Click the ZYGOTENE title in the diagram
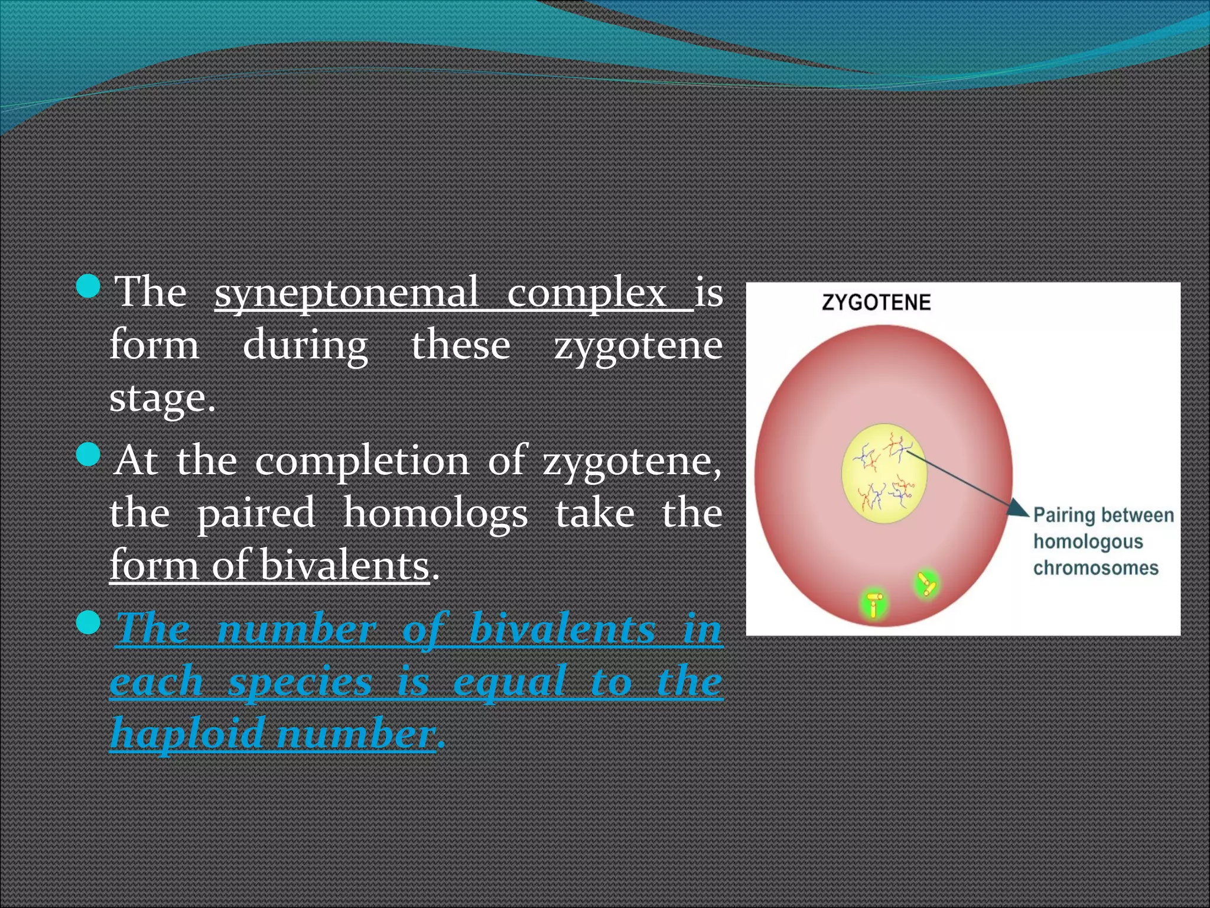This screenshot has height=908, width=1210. tap(876, 303)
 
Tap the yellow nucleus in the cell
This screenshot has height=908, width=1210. tap(884, 474)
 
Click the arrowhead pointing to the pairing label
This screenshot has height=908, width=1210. tap(1018, 508)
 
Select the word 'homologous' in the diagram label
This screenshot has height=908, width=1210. tap(1088, 541)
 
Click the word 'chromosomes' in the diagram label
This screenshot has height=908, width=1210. tap(1095, 568)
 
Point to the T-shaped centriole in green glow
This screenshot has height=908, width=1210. tap(874, 604)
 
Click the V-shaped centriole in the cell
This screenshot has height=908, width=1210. tap(926, 585)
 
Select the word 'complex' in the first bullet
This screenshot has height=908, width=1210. tap(586, 293)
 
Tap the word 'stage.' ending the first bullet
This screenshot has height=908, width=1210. tap(162, 398)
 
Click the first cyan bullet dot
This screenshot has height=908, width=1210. tap(89, 286)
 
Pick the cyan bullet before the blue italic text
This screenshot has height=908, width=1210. tap(89, 622)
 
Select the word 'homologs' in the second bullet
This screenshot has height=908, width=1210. tap(435, 513)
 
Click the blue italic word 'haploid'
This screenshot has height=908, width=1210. tap(187, 733)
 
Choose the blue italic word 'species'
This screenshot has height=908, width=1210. tap(300, 681)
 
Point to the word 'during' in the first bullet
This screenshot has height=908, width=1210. tap(305, 345)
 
